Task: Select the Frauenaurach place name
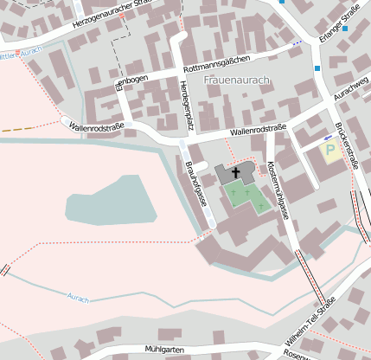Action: (237, 80)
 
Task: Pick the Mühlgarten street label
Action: (166, 348)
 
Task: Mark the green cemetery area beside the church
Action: (246, 198)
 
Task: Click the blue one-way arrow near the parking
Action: (328, 137)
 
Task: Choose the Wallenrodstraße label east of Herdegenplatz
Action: (258, 131)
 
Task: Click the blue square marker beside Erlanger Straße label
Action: (344, 29)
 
